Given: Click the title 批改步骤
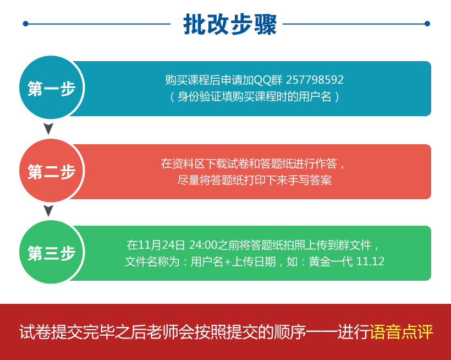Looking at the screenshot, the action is click(x=230, y=24).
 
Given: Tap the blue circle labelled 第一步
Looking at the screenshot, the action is click(x=51, y=88).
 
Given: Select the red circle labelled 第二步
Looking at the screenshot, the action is click(x=51, y=171).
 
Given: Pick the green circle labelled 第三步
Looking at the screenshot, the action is click(x=51, y=252).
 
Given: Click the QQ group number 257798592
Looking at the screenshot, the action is click(x=315, y=80).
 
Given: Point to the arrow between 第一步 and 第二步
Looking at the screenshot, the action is click(x=48, y=129).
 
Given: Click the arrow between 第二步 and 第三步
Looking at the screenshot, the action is click(x=48, y=211).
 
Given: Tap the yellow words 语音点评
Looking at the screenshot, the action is click(x=402, y=332).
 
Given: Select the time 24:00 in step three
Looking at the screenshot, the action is click(x=203, y=245).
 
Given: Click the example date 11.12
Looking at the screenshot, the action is click(x=370, y=261).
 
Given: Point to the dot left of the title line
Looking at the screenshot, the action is click(x=26, y=24).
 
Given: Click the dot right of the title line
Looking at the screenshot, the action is click(x=427, y=24).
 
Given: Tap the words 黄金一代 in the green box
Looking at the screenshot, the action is click(x=331, y=261).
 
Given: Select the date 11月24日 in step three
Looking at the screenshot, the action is click(x=161, y=245).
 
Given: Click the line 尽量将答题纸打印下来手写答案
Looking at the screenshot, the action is click(x=255, y=180).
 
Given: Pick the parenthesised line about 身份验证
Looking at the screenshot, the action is click(x=255, y=97).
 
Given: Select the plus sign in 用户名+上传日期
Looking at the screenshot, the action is click(x=228, y=262).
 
